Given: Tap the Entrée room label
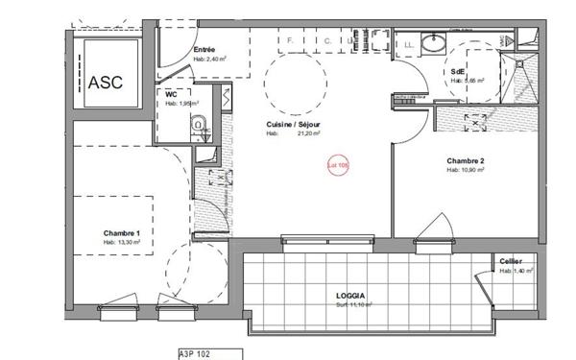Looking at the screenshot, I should (x=204, y=49).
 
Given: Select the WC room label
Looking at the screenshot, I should (x=171, y=94).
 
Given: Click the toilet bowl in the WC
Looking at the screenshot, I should (x=198, y=122).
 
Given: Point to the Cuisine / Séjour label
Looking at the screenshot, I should (x=294, y=125).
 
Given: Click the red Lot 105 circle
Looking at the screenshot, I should (x=339, y=165).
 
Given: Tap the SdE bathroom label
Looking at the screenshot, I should (x=457, y=72).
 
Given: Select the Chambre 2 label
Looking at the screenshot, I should (x=466, y=160).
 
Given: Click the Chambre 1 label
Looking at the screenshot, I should (x=122, y=234).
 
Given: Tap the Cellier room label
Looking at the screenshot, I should (x=511, y=262).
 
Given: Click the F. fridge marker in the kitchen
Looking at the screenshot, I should (x=290, y=40).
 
